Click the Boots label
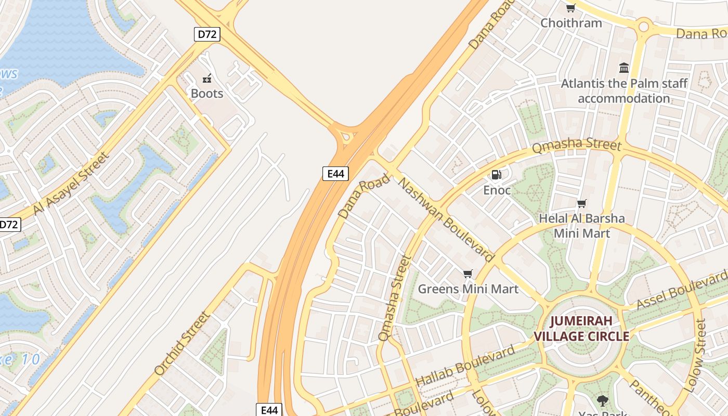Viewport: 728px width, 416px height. pos(207,94)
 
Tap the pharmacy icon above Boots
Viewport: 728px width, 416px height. pos(207,79)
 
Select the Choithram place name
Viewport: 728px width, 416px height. pos(571,23)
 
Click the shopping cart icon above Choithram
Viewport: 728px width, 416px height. pos(570,8)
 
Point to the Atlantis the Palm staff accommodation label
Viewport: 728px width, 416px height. pos(624,91)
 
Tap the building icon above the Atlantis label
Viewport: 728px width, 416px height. pos(624,68)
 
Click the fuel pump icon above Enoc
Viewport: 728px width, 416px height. pos(497,175)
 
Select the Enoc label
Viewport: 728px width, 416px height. pos(497,190)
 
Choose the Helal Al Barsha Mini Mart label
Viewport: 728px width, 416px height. pos(581,226)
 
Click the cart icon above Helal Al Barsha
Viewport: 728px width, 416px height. pos(581,203)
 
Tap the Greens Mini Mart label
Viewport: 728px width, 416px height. pos(468,289)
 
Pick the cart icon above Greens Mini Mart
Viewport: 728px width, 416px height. pos(467,274)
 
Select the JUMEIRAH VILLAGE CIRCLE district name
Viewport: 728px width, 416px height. pos(581,328)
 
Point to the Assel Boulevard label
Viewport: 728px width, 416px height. pos(681,290)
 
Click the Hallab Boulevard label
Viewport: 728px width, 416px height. pos(466,366)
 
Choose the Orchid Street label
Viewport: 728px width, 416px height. pos(183,343)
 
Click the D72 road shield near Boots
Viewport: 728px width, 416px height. pos(207,34)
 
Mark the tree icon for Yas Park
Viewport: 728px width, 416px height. pos(602,401)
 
